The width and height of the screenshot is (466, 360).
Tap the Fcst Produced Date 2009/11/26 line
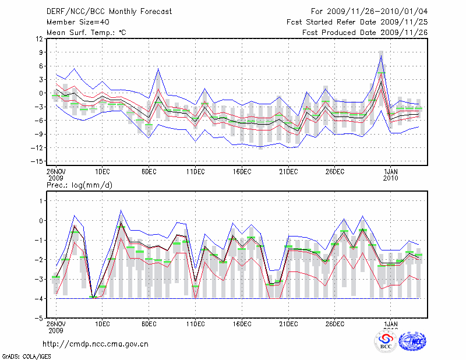(x=365, y=33)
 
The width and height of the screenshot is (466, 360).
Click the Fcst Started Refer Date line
(x=357, y=22)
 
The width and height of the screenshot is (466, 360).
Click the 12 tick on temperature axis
(x=39, y=39)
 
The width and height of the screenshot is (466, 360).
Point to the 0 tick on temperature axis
(x=41, y=93)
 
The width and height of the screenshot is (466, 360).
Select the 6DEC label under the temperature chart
(x=149, y=172)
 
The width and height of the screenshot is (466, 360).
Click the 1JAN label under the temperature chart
(x=391, y=172)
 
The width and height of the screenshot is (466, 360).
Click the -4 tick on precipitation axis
(x=39, y=298)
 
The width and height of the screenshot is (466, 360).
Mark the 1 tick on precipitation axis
(x=41, y=200)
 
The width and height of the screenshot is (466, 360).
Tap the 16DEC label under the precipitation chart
(x=242, y=323)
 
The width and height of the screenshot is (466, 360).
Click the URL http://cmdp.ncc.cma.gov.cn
(x=96, y=344)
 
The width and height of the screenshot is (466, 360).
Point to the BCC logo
(x=386, y=341)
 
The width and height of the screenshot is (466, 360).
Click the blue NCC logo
(x=412, y=341)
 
